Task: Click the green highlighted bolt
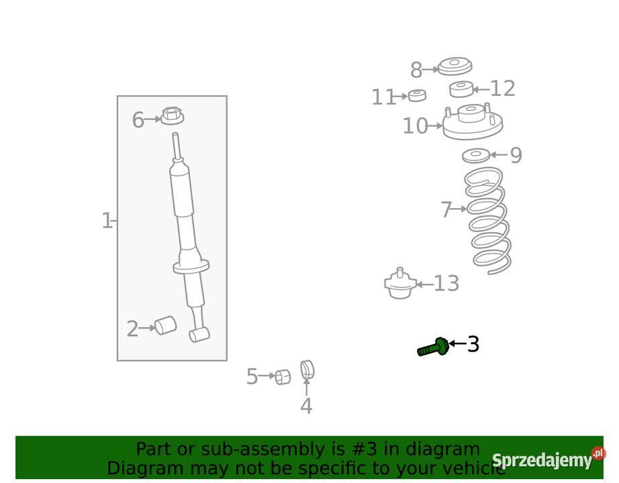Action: pyautogui.click(x=432, y=347)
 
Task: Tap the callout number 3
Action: pyautogui.click(x=473, y=344)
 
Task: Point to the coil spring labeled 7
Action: pyautogui.click(x=488, y=221)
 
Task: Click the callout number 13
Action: pyautogui.click(x=446, y=283)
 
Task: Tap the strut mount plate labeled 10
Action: pyautogui.click(x=473, y=122)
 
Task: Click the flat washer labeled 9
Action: pyautogui.click(x=476, y=156)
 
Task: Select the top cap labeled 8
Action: pyautogui.click(x=455, y=66)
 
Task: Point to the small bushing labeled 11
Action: pyautogui.click(x=417, y=95)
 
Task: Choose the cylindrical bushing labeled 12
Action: pyautogui.click(x=461, y=89)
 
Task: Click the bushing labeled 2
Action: pyautogui.click(x=165, y=325)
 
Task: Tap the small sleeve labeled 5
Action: pyautogui.click(x=283, y=377)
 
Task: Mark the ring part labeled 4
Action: pyautogui.click(x=307, y=370)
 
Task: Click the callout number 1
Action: pyautogui.click(x=107, y=220)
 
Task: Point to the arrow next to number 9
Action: pyautogui.click(x=499, y=155)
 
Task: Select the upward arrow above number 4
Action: pyautogui.click(x=306, y=386)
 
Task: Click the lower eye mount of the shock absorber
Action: pyautogui.click(x=199, y=335)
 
